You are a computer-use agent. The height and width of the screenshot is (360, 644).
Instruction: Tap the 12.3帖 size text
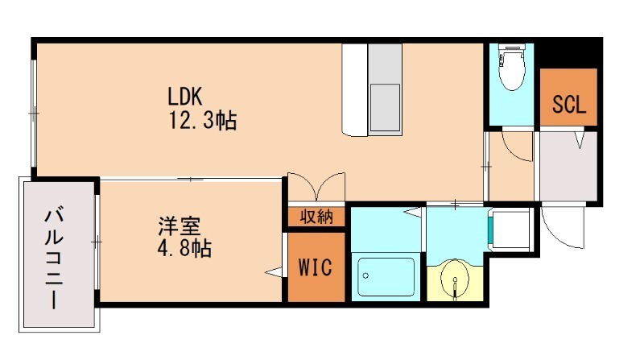tap(202, 122)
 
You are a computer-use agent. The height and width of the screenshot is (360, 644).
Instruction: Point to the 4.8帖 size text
tap(184, 248)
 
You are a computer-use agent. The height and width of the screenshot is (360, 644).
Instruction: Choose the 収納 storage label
tap(316, 216)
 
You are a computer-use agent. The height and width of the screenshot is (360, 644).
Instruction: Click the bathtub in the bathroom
tap(386, 277)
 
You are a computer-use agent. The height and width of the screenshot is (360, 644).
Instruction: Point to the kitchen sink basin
tap(384, 108)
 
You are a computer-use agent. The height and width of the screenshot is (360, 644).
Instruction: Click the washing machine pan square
tap(511, 230)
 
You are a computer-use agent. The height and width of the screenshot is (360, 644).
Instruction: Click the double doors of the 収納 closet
tap(316, 187)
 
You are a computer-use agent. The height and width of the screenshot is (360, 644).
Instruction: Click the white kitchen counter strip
tap(354, 89)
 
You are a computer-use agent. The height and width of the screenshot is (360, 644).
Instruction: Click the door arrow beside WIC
tap(275, 273)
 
